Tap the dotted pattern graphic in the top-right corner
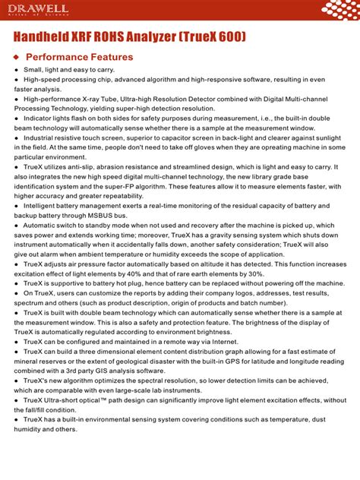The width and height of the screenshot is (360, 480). (339, 10)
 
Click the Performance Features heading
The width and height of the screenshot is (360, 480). (79, 57)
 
